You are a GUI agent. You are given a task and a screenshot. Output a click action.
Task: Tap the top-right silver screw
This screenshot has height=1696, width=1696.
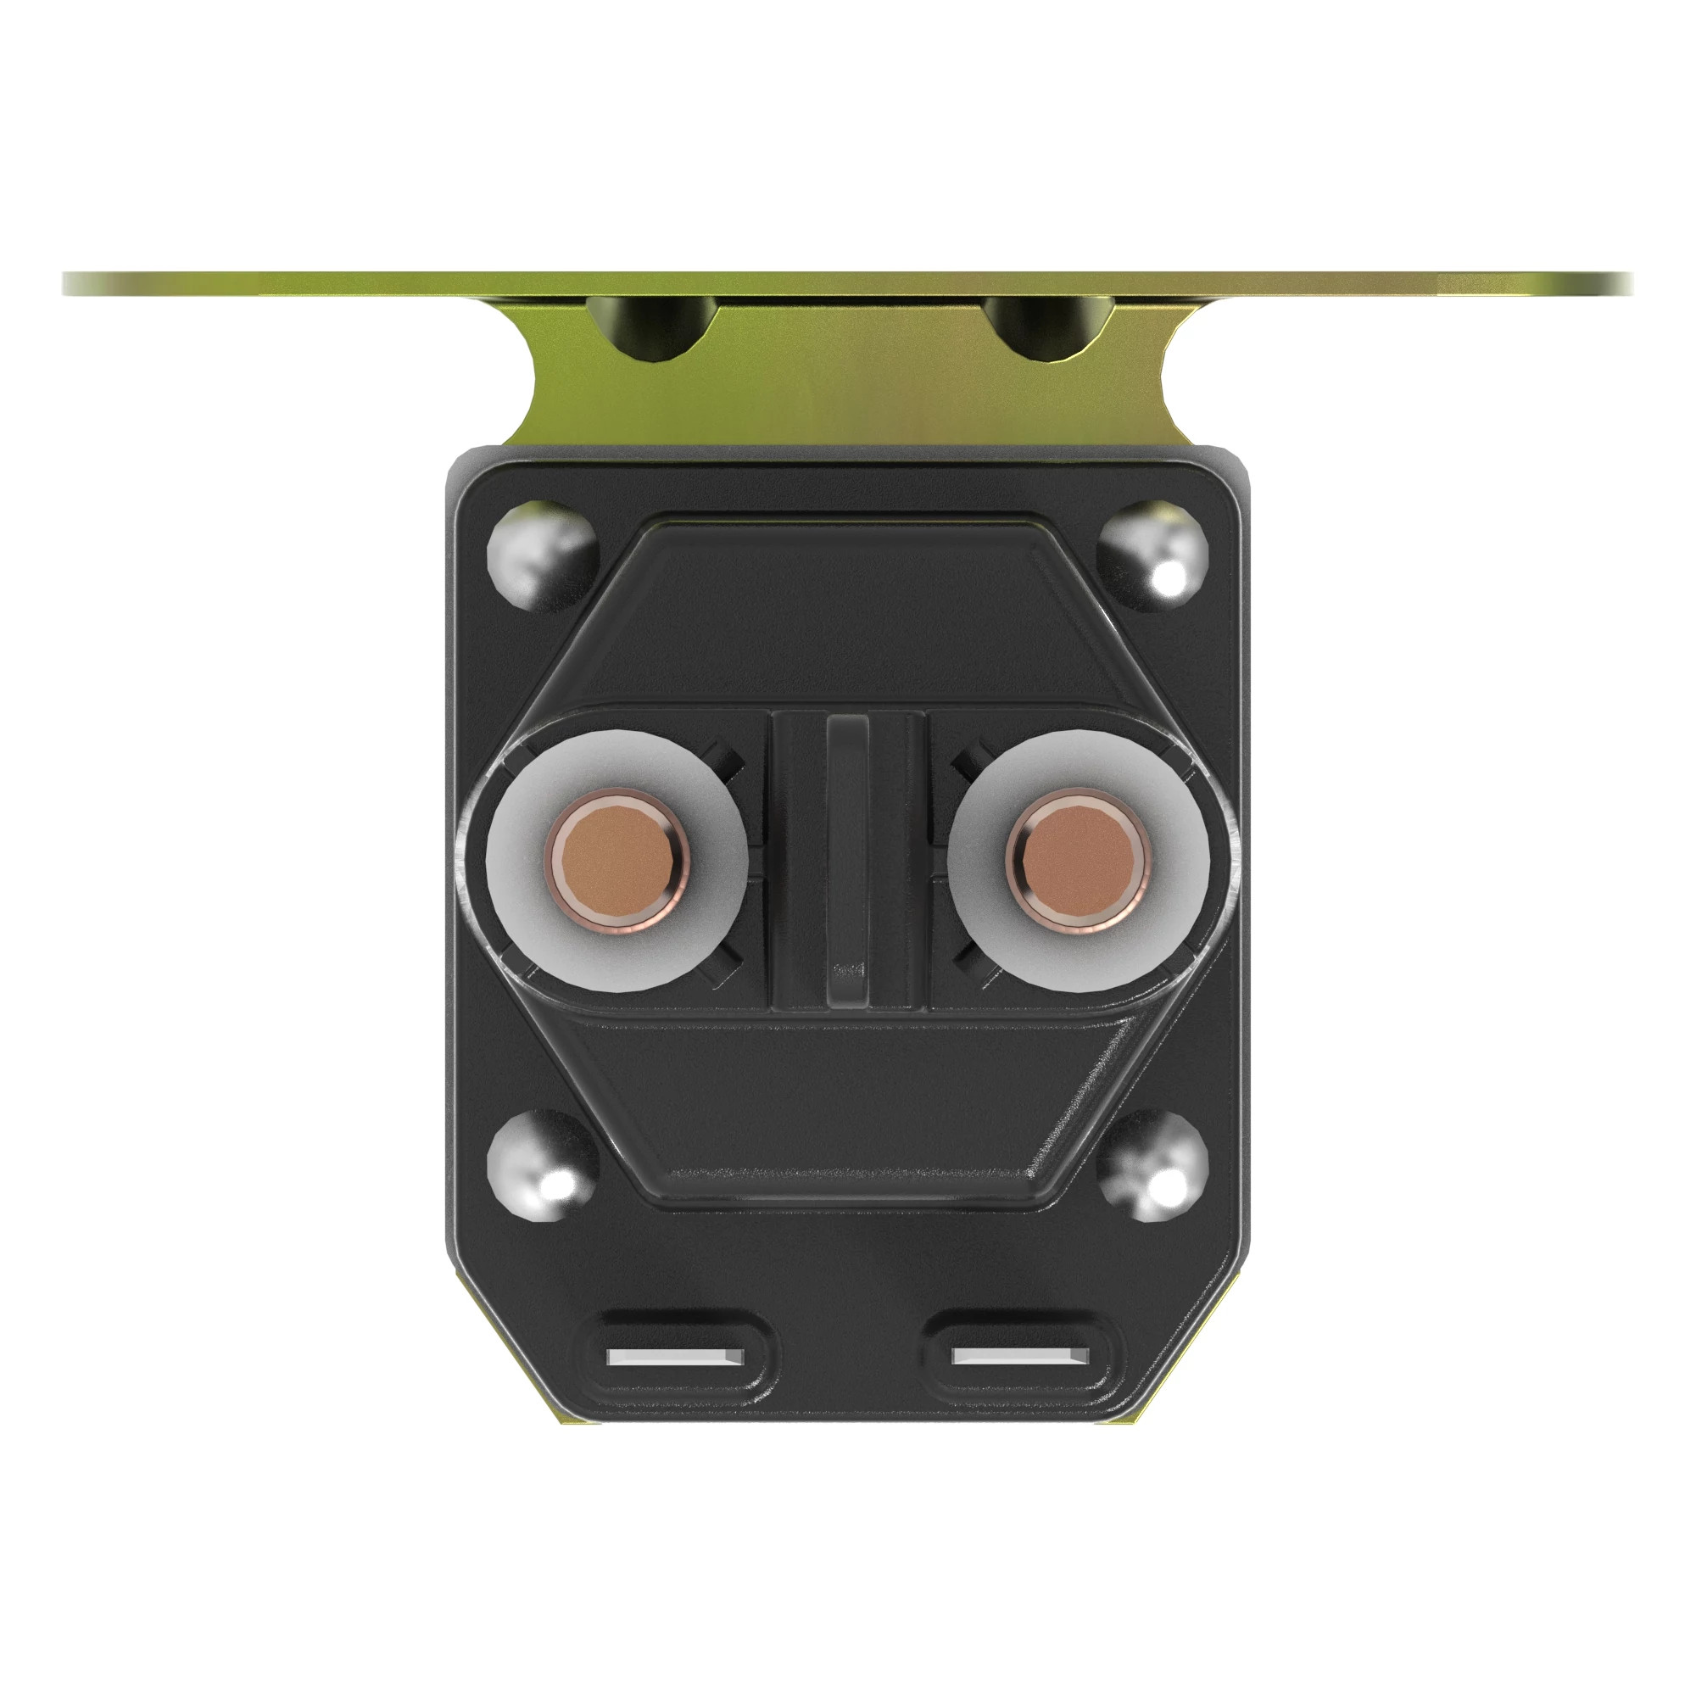click(1152, 554)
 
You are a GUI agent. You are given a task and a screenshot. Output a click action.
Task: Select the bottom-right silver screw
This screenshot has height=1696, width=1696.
click(1152, 1166)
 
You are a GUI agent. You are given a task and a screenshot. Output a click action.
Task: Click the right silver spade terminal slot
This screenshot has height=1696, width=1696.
click(1020, 1357)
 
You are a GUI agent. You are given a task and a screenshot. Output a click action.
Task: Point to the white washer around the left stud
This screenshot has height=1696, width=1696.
click(527, 922)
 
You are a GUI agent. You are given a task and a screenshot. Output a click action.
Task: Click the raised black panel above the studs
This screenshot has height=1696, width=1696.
click(847, 615)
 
